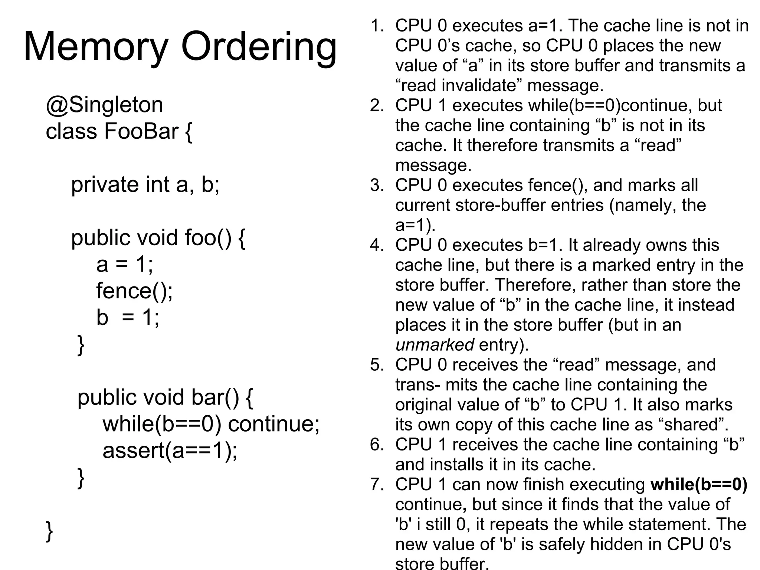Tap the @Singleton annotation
coord(104,105)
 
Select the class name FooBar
coord(141,131)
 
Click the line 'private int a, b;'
coord(145,184)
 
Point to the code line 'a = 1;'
coord(124,265)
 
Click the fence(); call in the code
coord(134,291)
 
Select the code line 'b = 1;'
coord(128,318)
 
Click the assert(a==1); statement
coord(170,451)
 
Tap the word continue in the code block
coord(273,424)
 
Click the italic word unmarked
coord(434,345)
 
